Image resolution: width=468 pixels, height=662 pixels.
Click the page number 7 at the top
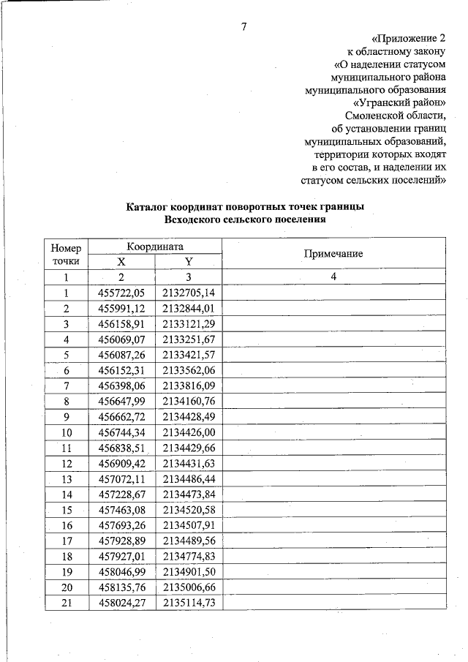point(244,29)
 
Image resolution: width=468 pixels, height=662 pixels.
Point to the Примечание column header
point(333,253)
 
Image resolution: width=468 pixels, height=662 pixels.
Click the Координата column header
point(154,247)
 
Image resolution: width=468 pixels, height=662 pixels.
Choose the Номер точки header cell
point(66,253)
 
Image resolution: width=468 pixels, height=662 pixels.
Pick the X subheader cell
point(122,261)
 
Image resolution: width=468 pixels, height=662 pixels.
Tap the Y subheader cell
point(188,261)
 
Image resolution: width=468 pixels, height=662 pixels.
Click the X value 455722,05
point(122,293)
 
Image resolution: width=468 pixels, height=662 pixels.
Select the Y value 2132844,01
point(189,308)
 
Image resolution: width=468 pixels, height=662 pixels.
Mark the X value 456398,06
point(122,385)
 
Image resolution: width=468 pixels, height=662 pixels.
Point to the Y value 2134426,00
point(189,432)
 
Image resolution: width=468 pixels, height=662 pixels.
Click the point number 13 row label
point(66,478)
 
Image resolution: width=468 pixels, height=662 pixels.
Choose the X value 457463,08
point(122,510)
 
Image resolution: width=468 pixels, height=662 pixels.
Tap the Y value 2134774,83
point(189,556)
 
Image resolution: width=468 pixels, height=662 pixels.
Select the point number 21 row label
point(66,603)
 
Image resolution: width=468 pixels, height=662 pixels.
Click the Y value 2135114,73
point(189,603)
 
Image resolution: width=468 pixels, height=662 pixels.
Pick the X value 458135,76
point(122,587)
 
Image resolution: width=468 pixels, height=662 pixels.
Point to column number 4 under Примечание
point(333,277)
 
